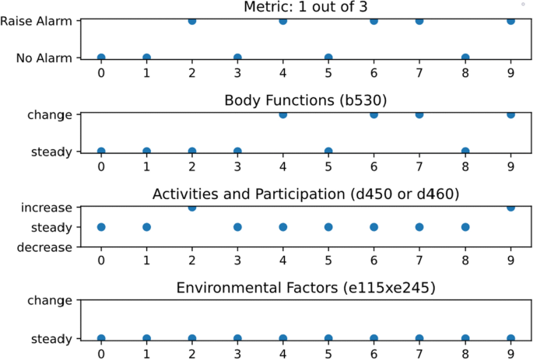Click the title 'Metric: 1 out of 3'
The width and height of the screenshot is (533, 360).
pyautogui.click(x=306, y=8)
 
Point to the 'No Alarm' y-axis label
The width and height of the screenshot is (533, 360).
pyautogui.click(x=45, y=58)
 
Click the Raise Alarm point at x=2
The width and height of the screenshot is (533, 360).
pyautogui.click(x=191, y=21)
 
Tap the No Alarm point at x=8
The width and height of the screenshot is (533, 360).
pyautogui.click(x=465, y=58)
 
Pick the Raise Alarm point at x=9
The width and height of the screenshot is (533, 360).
pyautogui.click(x=510, y=21)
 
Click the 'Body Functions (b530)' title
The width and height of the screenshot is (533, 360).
pyautogui.click(x=306, y=101)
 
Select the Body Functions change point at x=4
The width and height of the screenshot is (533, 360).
pyautogui.click(x=282, y=114)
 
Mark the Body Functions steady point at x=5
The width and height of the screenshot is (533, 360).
pyautogui.click(x=328, y=151)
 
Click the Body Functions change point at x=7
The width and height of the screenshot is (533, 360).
pyautogui.click(x=419, y=114)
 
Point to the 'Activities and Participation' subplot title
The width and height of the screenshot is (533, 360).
pyautogui.click(x=306, y=193)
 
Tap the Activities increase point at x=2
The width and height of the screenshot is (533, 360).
pyautogui.click(x=191, y=207)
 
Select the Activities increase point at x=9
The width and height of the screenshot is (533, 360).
pyautogui.click(x=510, y=207)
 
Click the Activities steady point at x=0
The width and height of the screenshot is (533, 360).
pyautogui.click(x=100, y=227)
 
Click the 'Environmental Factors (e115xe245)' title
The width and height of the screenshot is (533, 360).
pyautogui.click(x=306, y=287)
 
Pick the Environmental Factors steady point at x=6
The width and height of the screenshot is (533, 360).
pyautogui.click(x=373, y=339)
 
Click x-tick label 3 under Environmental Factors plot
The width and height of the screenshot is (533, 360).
pyautogui.click(x=237, y=354)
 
